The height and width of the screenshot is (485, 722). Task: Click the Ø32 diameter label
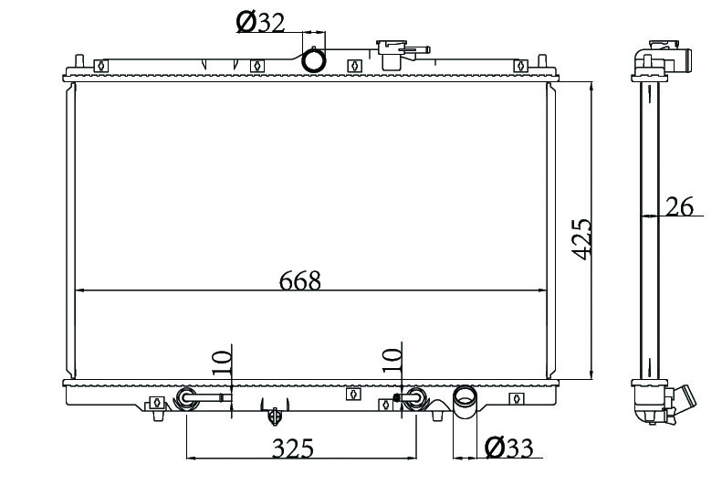pos(260,22)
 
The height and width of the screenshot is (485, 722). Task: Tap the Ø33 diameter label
pos(508,447)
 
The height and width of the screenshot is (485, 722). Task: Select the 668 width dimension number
pos(299,280)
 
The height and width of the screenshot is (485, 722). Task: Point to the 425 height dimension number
pos(581,239)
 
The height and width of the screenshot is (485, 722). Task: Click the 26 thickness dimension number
pos(680,206)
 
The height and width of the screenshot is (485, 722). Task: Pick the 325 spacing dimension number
pos(293,448)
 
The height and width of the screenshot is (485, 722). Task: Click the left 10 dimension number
pos(222,363)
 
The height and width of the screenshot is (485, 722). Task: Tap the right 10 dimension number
pos(392,361)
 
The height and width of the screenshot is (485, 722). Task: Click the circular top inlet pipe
pos(314,60)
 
